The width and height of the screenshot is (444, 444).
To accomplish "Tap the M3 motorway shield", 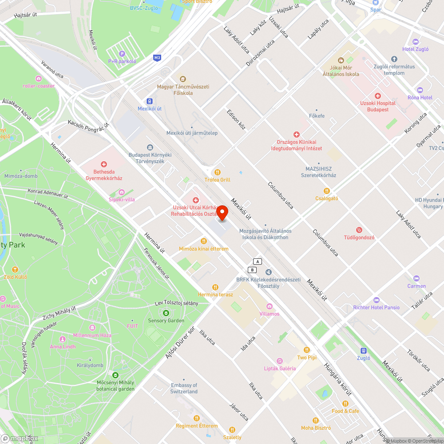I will pos(157,58).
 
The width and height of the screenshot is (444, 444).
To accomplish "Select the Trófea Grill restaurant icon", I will pos(217,172).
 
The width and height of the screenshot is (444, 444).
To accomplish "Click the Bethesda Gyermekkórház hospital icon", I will pos(104,165).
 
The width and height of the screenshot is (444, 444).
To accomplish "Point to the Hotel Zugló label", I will pos(415,49).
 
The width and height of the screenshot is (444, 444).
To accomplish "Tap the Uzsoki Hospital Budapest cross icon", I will pos(378,96).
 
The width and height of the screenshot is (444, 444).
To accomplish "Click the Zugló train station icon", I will pos(363,350).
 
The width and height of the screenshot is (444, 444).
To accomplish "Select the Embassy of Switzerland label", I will pos(184,388).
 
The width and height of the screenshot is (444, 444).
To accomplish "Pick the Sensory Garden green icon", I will pos(166,313).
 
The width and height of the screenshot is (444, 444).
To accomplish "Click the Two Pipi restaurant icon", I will pos(307,350).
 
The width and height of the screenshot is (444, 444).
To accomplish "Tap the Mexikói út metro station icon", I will pos(149,101).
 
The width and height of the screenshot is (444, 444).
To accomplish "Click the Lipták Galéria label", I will pos(280,369).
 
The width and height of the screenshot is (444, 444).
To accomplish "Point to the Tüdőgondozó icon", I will pos(359,230).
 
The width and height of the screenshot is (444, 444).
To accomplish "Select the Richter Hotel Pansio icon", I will pos(377,300).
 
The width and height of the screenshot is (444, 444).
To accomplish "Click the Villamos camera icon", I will pos(269,306).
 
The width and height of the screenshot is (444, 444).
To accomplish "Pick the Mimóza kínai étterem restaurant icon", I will pos(203,241).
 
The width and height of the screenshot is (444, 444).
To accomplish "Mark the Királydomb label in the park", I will pos(90,365).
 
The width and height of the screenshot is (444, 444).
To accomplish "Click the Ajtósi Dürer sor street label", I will pos(180,344).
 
